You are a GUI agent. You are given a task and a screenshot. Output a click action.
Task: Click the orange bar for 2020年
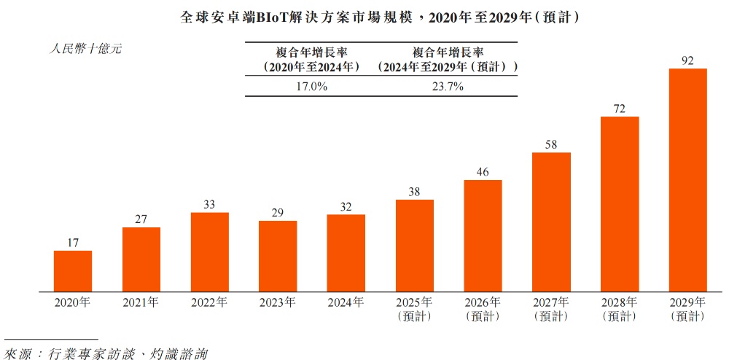pos(73,271)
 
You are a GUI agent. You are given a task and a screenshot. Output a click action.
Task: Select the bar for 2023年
pos(278,256)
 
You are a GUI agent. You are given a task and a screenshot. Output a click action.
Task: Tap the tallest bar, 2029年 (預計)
pos(688,180)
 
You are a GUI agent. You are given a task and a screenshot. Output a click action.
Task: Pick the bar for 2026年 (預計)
pos(483,235)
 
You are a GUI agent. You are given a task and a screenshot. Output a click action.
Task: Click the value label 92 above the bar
pos(687,60)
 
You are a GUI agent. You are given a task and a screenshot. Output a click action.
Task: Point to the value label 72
pos(620,109)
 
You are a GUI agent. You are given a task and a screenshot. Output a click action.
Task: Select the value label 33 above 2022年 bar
pos(209,205)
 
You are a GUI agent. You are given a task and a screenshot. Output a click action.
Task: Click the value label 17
pos(73,243)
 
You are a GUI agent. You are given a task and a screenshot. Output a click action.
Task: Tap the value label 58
pos(551,144)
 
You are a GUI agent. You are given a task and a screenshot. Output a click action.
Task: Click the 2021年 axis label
pos(141,302)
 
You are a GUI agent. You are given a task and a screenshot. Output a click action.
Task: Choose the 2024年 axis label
pos(346,302)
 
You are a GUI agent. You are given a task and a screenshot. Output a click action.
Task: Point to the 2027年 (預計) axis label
pos(551,309)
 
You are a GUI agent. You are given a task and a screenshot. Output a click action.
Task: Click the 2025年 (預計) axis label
pos(415,309)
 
